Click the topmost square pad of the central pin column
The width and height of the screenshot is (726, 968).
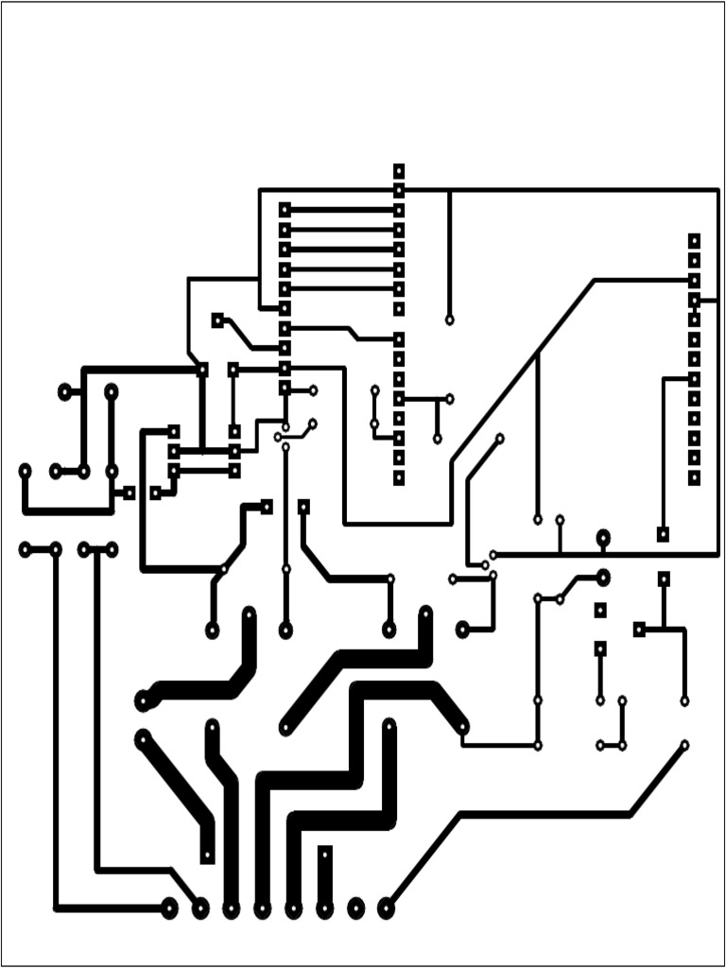click(399, 171)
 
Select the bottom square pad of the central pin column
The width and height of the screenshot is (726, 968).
click(399, 478)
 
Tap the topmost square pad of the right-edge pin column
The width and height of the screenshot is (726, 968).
click(694, 240)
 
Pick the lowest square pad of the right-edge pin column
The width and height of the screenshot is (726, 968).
click(694, 478)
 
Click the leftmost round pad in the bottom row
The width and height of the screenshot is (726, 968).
click(169, 908)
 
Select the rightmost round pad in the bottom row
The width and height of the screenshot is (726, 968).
click(386, 908)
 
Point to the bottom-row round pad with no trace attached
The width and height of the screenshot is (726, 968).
click(355, 908)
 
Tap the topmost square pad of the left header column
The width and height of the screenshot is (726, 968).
click(285, 209)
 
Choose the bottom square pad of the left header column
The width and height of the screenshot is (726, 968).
click(285, 388)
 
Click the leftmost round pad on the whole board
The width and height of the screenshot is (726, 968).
click(25, 470)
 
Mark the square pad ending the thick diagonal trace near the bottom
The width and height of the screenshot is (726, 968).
click(208, 856)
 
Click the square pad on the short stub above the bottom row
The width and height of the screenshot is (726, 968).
click(324, 853)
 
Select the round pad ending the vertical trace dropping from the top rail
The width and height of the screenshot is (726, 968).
click(449, 320)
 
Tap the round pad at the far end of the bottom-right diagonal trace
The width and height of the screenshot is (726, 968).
click(684, 745)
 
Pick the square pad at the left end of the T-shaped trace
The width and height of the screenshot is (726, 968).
click(639, 629)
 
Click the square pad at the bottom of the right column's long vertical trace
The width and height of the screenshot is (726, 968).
click(663, 534)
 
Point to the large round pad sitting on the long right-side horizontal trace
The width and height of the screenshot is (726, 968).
click(602, 539)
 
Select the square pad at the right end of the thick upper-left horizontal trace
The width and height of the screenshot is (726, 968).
click(201, 370)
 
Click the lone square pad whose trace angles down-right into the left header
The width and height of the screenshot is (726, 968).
click(217, 320)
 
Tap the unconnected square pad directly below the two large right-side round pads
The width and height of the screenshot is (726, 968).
click(599, 611)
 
